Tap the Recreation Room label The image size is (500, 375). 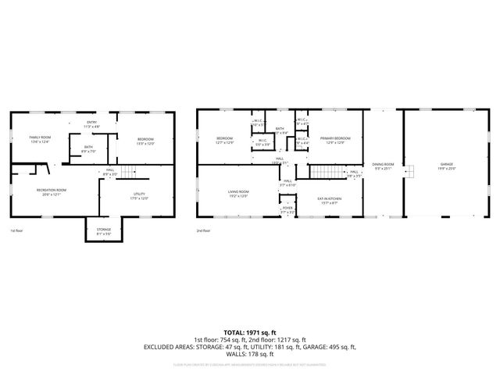point(51,192)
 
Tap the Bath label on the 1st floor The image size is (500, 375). point(89,148)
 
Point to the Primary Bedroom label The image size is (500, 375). point(334,141)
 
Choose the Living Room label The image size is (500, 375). point(238,194)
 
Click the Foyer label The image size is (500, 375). point(287,209)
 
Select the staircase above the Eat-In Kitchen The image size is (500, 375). point(327,172)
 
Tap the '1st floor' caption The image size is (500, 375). point(17,231)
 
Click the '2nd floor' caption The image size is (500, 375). point(204,231)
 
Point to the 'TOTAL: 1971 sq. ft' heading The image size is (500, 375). point(250,332)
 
